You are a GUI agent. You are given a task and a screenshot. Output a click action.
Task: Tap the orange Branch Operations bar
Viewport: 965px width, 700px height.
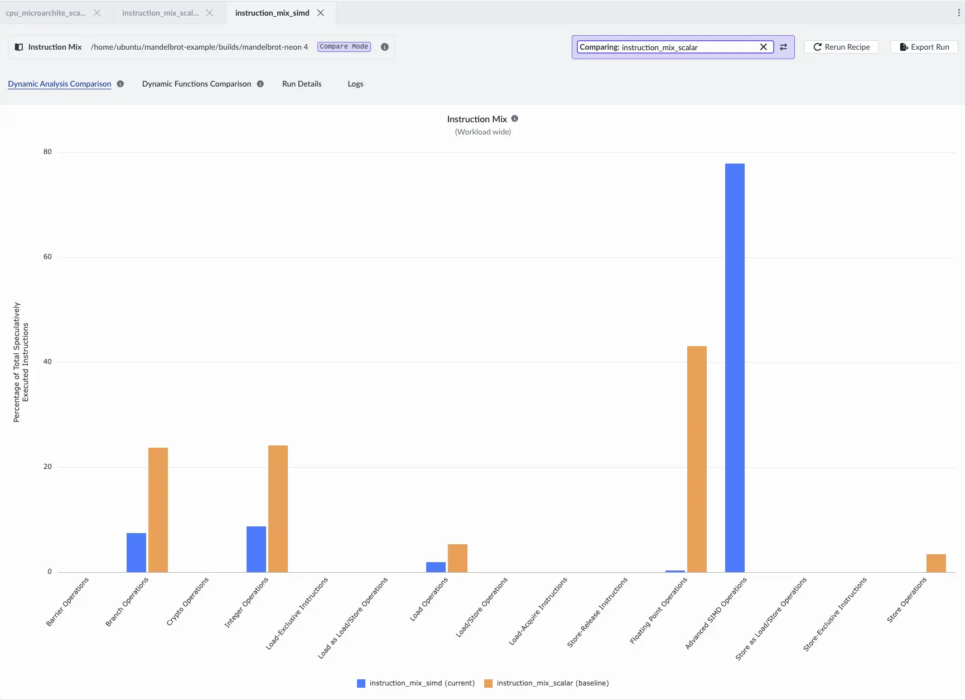tap(158, 510)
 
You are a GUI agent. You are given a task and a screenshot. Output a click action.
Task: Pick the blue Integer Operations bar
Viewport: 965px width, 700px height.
tap(256, 549)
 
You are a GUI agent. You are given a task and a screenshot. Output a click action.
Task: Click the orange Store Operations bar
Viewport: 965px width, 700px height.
tap(936, 563)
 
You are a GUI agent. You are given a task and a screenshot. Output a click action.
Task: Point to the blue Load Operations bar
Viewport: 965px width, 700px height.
tap(436, 567)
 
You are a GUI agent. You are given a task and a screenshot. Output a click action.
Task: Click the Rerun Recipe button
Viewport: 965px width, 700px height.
tap(841, 47)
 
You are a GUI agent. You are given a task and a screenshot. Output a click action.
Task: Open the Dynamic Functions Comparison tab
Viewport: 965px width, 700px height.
tap(196, 84)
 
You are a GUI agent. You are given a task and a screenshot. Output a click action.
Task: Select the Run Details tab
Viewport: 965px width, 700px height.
tap(302, 84)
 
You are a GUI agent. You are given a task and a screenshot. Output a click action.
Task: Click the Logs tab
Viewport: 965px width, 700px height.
tap(355, 84)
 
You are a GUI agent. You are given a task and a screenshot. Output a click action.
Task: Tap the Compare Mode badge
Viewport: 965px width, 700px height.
tap(344, 47)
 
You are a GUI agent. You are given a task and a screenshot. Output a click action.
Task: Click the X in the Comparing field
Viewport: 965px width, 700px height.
tap(764, 47)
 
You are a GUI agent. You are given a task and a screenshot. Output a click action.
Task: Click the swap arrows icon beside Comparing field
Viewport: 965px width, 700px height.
tap(784, 47)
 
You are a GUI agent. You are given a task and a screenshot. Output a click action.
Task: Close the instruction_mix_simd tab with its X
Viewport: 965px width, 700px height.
tap(321, 13)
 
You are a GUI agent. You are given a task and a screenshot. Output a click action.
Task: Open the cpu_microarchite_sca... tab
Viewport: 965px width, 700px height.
tap(46, 13)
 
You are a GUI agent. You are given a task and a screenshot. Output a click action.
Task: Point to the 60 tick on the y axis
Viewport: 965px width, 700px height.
tap(47, 257)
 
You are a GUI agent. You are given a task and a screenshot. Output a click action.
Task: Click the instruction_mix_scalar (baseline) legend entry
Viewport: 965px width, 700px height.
tap(547, 683)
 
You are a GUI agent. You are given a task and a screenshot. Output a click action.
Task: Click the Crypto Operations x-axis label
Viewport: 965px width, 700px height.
tap(188, 601)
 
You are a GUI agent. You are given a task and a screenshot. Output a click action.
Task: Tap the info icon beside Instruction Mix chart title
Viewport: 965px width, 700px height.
tap(515, 118)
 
